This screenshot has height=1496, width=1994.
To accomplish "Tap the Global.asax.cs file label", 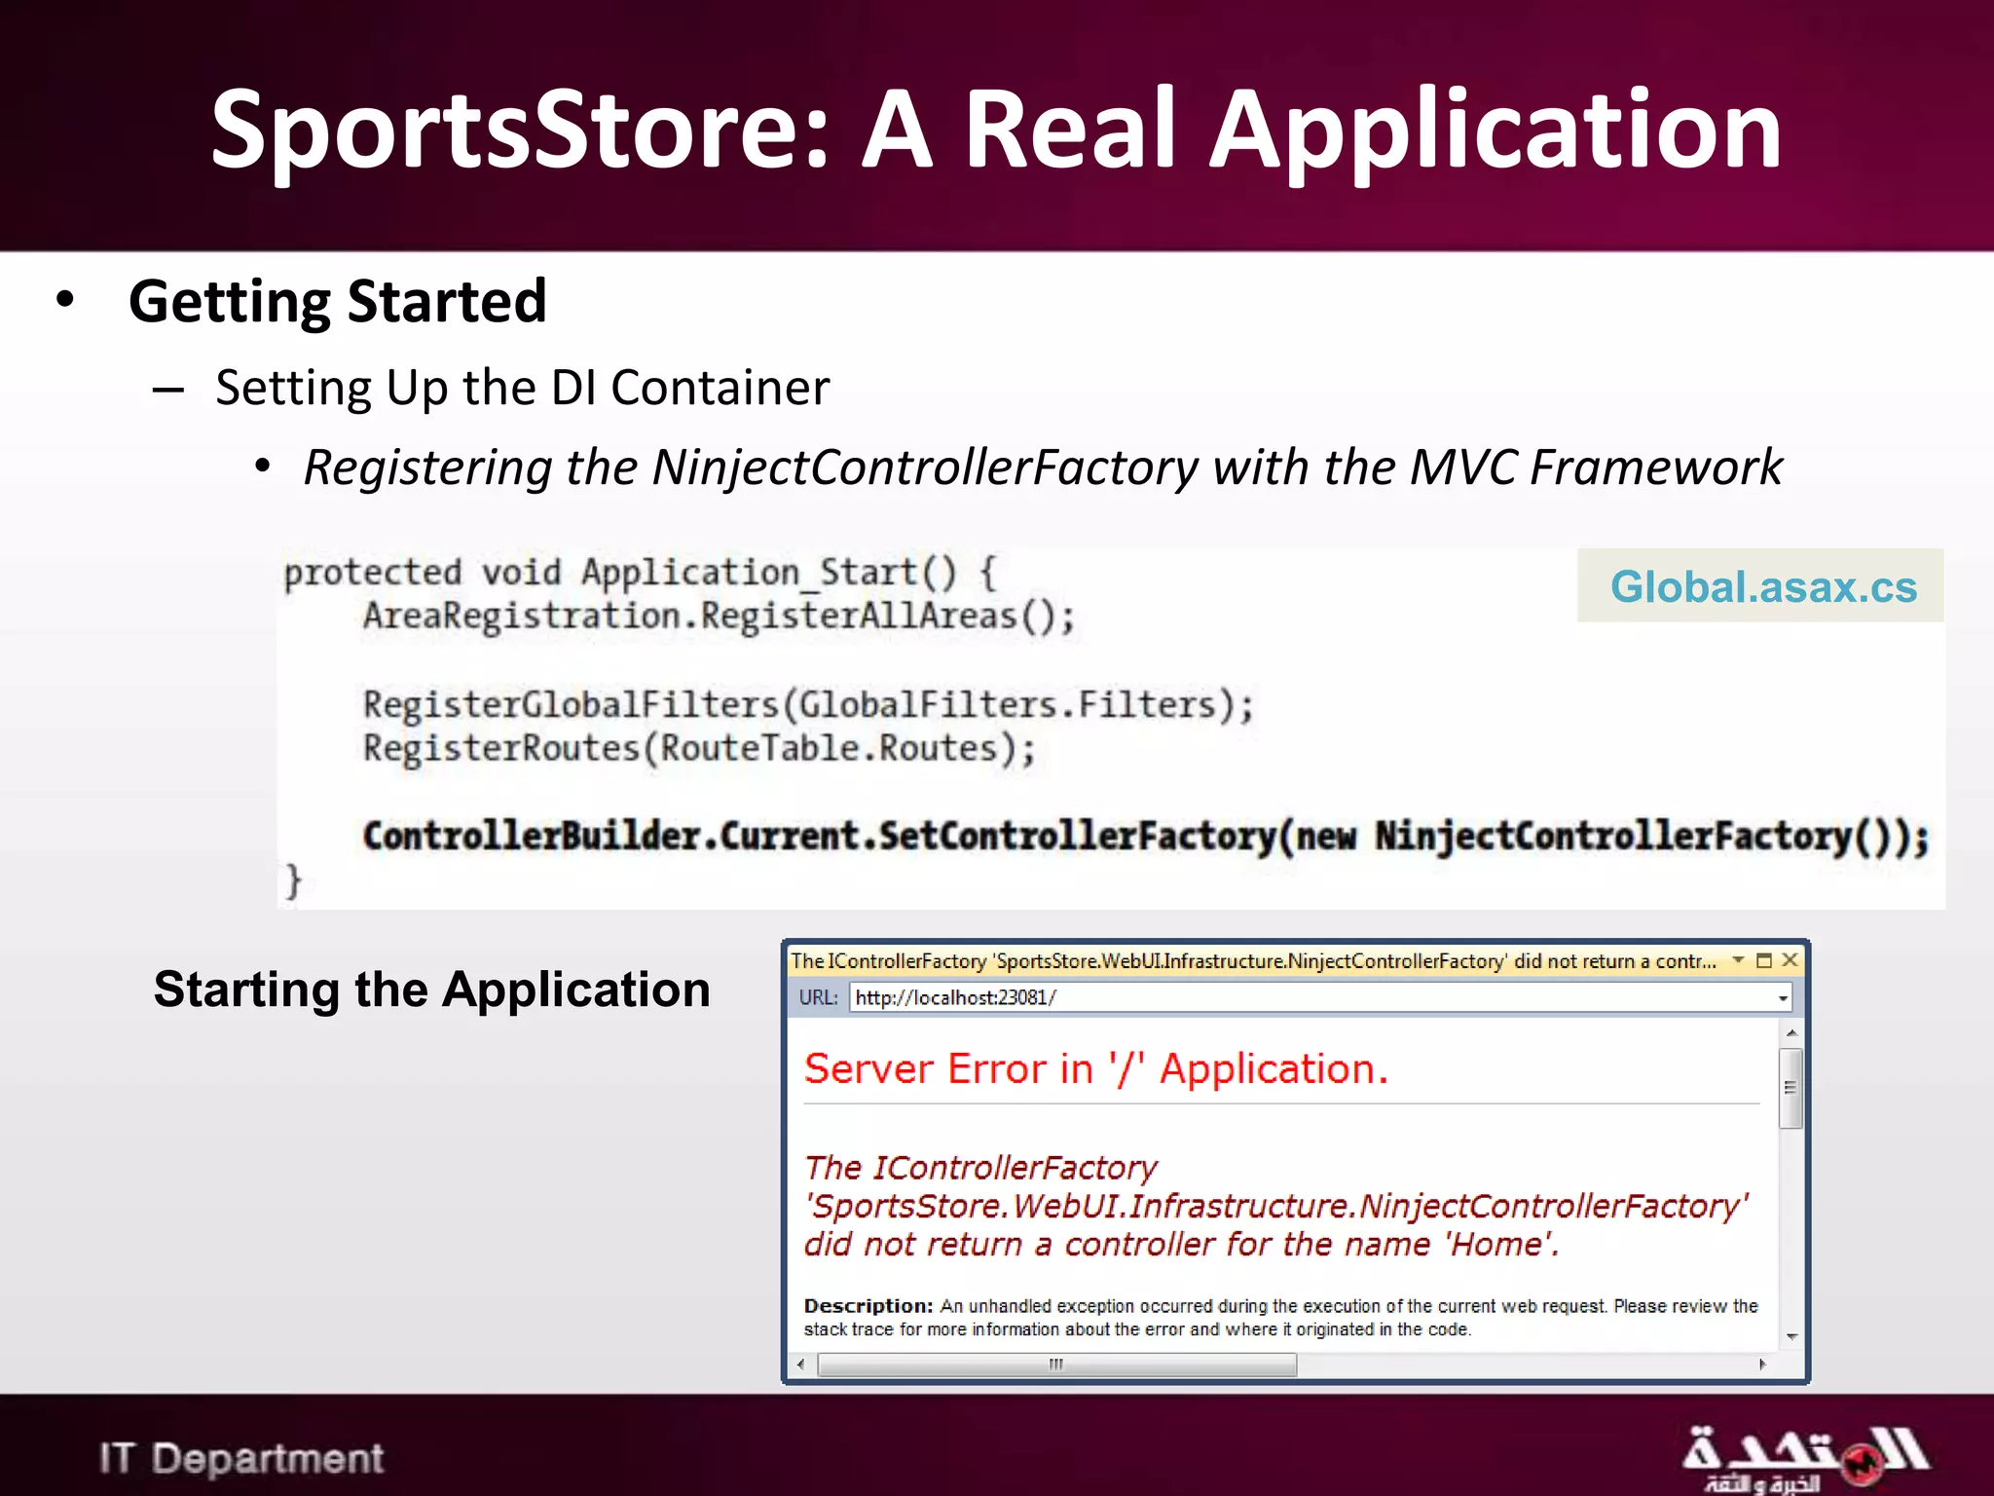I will tap(1762, 586).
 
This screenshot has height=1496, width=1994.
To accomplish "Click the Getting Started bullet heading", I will tap(337, 301).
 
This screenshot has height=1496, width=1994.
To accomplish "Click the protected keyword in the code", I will tap(372, 573).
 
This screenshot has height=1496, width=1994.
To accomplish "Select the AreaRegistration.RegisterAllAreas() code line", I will tap(719, 617).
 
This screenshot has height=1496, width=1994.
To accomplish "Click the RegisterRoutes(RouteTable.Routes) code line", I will tap(698, 749).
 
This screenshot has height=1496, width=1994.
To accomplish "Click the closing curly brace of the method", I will tap(293, 880).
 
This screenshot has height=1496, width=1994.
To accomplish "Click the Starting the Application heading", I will tap(431, 990).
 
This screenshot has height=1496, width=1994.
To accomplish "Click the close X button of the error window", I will tap(1790, 960).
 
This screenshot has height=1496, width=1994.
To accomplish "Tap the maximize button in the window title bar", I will tap(1763, 960).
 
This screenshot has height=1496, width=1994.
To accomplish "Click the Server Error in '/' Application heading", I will tap(1095, 1069).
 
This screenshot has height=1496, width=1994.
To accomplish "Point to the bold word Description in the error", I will tap(866, 1306).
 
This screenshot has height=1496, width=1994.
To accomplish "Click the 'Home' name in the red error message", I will tap(1499, 1245).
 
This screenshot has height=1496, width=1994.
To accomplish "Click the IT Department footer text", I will tap(240, 1458).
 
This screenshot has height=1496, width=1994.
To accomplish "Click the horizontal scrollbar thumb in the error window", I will tap(1056, 1365).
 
